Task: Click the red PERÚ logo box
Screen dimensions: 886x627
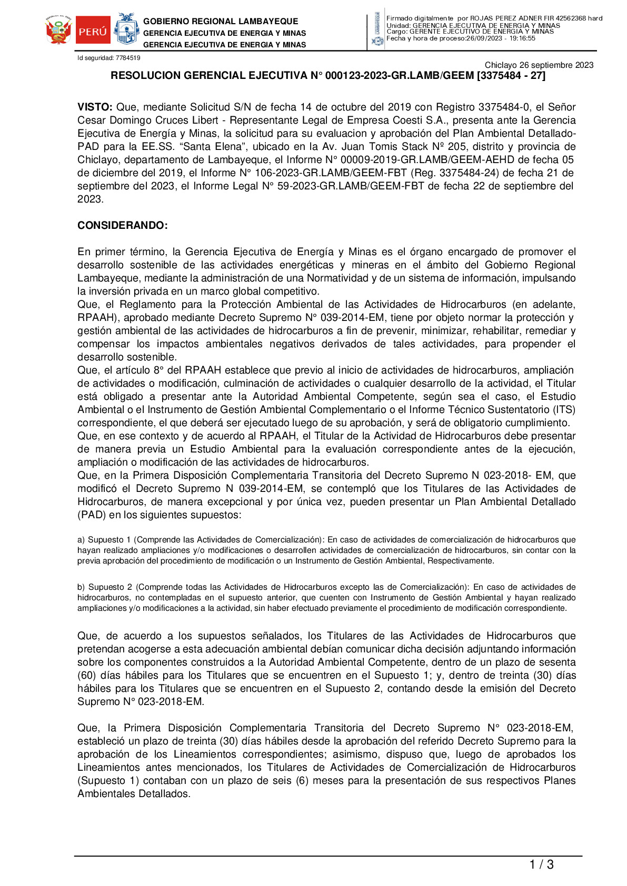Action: pyautogui.click(x=93, y=31)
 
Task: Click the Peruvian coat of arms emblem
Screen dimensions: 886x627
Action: pyautogui.click(x=58, y=31)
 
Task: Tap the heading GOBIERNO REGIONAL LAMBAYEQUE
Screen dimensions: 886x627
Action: pyautogui.click(x=221, y=22)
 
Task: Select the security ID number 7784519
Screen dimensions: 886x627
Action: pyautogui.click(x=128, y=58)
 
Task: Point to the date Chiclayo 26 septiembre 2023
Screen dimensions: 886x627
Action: pyautogui.click(x=539, y=65)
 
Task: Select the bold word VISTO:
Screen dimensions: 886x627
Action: pyautogui.click(x=95, y=107)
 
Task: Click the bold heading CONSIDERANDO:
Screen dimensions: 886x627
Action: pyautogui.click(x=122, y=226)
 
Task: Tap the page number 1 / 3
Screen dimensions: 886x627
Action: pyautogui.click(x=541, y=864)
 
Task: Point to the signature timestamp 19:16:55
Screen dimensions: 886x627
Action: pyautogui.click(x=522, y=38)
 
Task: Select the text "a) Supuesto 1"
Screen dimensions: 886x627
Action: pyautogui.click(x=104, y=540)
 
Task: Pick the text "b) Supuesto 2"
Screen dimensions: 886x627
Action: pyautogui.click(x=105, y=587)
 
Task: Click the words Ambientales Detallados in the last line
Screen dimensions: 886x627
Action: pyautogui.click(x=133, y=794)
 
